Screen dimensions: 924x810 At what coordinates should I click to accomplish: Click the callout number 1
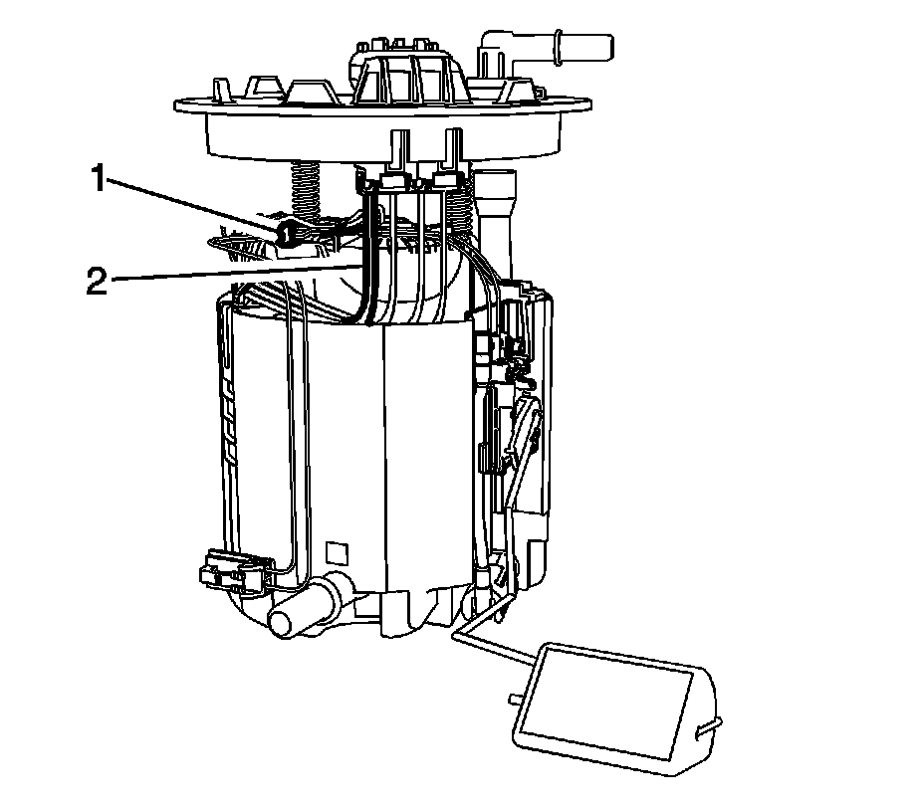[x=98, y=180]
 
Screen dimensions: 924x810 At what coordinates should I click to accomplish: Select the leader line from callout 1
[x=189, y=206]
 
